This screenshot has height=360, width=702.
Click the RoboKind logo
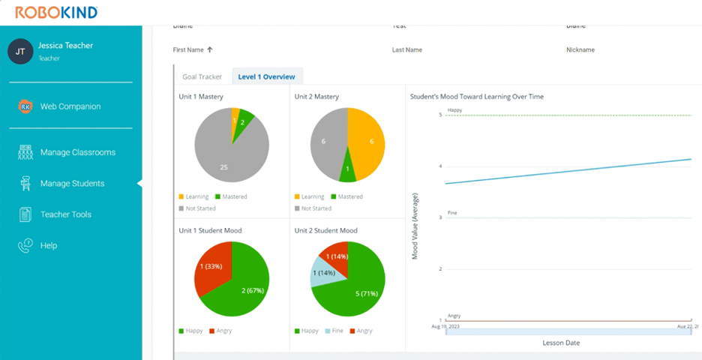click(56, 13)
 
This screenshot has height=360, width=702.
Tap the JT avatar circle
click(20, 51)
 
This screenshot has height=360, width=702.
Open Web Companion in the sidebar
click(70, 106)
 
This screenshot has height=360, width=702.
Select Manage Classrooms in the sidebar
click(77, 152)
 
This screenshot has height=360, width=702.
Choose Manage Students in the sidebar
click(72, 184)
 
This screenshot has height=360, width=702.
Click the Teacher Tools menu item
click(65, 214)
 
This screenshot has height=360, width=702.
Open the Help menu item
click(49, 245)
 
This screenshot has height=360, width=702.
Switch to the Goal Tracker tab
click(202, 76)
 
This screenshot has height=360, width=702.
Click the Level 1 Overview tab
click(266, 76)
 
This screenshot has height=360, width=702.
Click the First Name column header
click(189, 50)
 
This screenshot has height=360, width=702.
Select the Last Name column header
click(407, 50)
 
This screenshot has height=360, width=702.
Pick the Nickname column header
click(580, 50)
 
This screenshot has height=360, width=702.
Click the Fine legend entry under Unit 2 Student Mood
click(336, 331)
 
